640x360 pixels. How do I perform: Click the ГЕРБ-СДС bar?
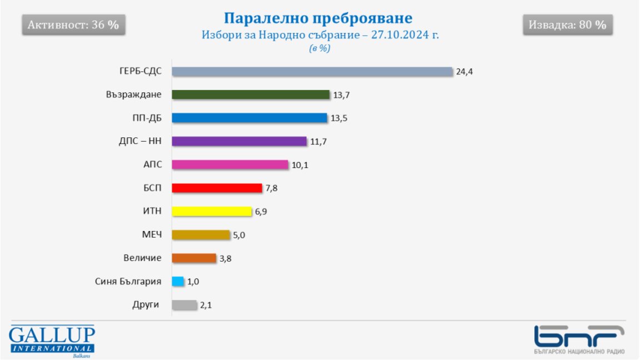tap(312, 72)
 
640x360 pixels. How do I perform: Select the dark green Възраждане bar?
tap(251, 94)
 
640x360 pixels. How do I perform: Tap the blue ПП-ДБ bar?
tap(249, 118)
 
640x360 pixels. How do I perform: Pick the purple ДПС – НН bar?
tap(239, 141)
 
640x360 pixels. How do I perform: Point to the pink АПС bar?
tap(230, 164)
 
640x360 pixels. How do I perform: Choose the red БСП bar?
tap(217, 188)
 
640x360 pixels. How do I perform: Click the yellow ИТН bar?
tap(212, 211)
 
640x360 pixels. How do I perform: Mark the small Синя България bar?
tap(178, 281)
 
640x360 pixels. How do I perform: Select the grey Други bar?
tap(184, 305)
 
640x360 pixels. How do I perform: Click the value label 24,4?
tap(464, 72)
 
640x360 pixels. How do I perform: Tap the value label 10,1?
tap(300, 165)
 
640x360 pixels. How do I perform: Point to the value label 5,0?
tap(239, 235)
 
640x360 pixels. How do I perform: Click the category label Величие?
tap(143, 258)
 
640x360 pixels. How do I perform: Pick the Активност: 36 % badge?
tap(73, 26)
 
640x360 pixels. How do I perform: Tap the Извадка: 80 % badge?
tap(567, 26)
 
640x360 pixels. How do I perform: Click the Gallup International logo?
tap(52, 340)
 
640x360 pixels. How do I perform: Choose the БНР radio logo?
tap(579, 339)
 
